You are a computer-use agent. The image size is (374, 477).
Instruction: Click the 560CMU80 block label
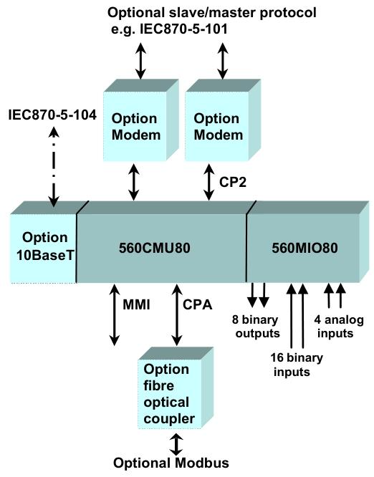coord(154,248)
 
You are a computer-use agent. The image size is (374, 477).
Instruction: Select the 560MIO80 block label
coord(305,248)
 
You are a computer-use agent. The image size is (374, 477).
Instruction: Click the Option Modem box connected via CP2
coord(222,120)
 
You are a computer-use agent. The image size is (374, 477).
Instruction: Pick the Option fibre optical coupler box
coord(176,388)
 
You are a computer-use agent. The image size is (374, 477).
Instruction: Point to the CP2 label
coord(233,182)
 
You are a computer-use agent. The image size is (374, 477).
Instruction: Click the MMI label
coord(136,305)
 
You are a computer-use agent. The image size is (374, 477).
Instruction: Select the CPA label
coord(197,305)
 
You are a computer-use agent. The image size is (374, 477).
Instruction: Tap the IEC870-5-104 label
coord(52,115)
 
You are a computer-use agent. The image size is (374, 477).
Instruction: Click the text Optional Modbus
coord(171,463)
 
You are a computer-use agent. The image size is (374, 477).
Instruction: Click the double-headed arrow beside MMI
coord(115,314)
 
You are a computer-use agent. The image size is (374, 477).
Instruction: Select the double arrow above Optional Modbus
coord(176,445)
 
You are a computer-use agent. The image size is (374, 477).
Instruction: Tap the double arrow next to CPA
coord(177,314)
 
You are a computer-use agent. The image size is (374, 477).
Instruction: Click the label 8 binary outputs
coord(256,327)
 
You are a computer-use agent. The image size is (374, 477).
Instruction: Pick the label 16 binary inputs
coord(297,365)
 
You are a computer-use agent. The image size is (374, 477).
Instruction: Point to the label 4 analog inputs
coord(339,327)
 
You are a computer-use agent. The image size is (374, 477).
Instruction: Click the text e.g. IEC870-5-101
coord(169,29)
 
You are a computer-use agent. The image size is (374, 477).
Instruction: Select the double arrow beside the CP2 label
coord(209,182)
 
